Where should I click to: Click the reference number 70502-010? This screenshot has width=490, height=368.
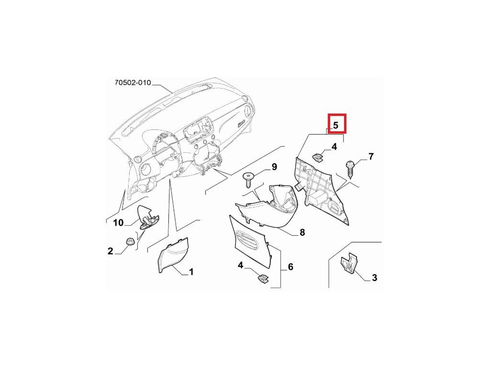[133, 83]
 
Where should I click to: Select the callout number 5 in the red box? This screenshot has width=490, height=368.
[336, 126]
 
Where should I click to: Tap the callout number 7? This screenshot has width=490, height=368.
[371, 156]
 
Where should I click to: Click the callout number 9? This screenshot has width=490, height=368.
[274, 167]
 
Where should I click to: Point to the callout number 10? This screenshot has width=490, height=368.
[118, 223]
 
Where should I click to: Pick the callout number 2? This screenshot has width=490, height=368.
[110, 251]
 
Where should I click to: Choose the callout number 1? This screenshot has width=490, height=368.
[191, 272]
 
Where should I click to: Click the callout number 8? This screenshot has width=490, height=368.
[302, 233]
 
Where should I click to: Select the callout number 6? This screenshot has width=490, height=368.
[290, 267]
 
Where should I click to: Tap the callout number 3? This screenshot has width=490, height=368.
[374, 277]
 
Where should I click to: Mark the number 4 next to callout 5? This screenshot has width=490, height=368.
[334, 147]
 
